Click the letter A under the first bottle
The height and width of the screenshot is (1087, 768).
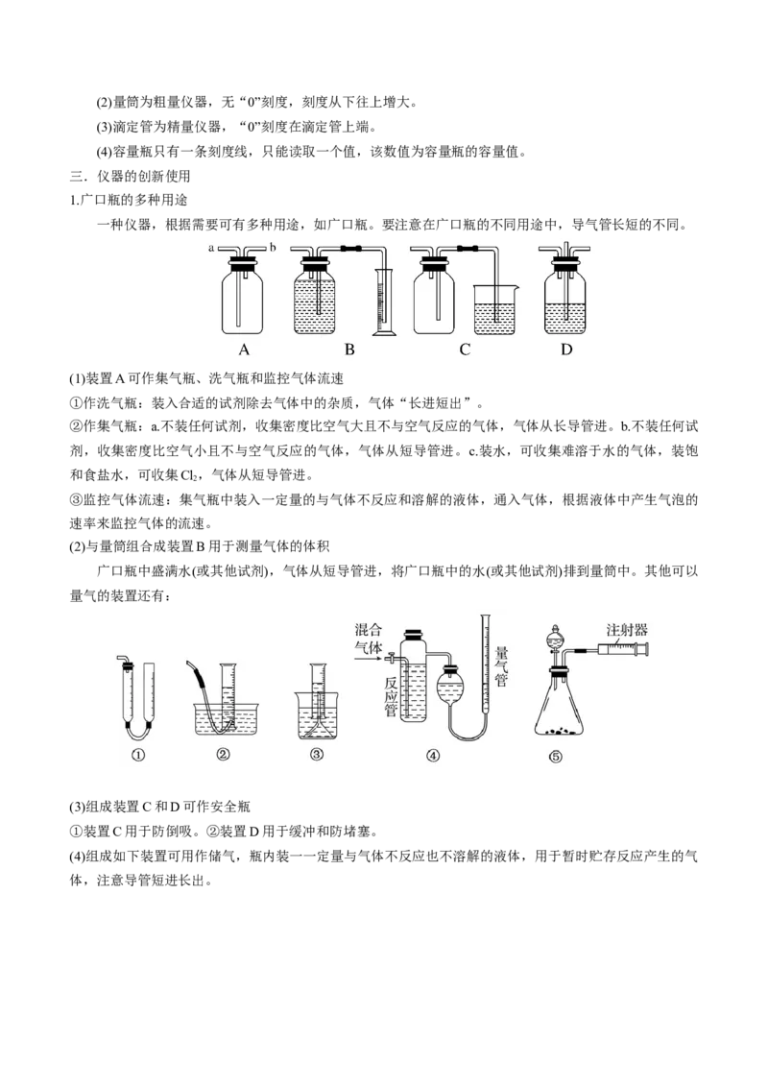243,350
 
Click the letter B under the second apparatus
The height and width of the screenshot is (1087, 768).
350,350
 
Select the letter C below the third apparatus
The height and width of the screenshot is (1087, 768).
465,350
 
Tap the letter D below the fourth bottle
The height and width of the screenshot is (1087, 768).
566,350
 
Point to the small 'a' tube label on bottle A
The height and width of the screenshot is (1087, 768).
211,248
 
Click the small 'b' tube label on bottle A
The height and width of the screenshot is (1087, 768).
273,247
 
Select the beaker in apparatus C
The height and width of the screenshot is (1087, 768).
495,310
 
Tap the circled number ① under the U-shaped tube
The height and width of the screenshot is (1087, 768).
138,755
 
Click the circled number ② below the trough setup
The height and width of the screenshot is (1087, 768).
223,754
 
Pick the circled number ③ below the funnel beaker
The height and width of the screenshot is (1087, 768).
317,754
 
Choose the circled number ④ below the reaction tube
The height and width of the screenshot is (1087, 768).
433,755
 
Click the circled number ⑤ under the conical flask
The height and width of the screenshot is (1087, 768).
556,757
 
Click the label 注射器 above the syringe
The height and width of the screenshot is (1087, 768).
627,630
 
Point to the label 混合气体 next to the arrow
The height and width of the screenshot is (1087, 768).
369,639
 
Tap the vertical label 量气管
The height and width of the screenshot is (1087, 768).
502,667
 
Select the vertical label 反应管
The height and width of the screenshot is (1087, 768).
391,697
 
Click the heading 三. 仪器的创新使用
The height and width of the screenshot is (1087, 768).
130,176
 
